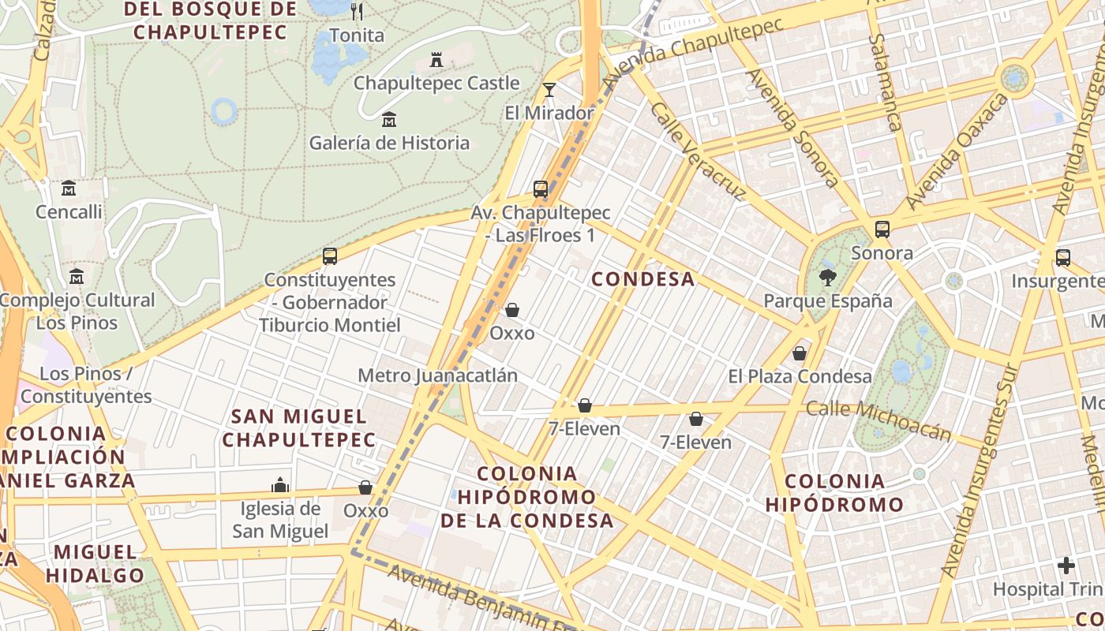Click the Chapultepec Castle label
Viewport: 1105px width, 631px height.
coord(436,83)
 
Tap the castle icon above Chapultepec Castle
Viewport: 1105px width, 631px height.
coord(436,59)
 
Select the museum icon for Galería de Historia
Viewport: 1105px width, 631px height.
coord(389,120)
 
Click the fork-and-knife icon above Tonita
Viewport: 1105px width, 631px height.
coord(357,11)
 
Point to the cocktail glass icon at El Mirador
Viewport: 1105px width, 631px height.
coord(549,90)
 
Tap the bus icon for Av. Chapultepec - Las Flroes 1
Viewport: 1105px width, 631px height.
coord(541,189)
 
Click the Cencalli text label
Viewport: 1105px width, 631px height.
coord(69,211)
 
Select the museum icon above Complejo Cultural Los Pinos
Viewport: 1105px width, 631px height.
coord(77,277)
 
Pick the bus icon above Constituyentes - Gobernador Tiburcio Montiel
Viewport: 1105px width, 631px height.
coord(330,256)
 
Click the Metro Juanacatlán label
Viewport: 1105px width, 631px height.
coord(437,375)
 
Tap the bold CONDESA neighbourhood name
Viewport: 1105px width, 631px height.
coord(643,279)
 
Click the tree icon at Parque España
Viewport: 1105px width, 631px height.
coord(827,277)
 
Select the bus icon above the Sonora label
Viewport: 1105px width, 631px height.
coord(882,230)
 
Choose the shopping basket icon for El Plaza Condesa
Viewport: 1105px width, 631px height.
coord(800,353)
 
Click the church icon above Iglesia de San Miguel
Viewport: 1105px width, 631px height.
coord(279,485)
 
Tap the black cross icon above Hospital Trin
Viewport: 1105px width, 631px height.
coord(1066,566)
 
